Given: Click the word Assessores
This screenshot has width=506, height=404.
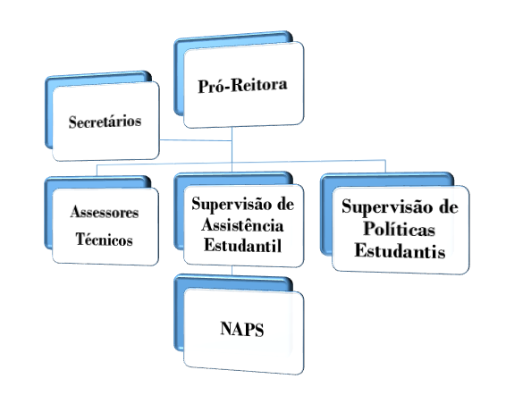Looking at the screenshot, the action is (x=105, y=212).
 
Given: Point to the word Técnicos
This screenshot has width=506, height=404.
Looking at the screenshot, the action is (x=105, y=240).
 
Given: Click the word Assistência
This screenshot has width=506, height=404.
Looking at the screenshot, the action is (x=242, y=225).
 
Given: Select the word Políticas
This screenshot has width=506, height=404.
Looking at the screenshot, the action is (x=400, y=229).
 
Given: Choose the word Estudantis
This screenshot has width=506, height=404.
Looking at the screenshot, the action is (x=400, y=250).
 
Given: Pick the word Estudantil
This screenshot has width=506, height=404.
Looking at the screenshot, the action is (x=242, y=245).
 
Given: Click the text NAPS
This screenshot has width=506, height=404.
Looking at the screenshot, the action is (x=242, y=329).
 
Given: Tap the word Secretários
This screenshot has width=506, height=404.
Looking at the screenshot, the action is (x=105, y=122).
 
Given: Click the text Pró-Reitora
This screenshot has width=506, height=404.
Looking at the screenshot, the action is (x=242, y=86).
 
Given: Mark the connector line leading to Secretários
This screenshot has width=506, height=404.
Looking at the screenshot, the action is (x=196, y=140).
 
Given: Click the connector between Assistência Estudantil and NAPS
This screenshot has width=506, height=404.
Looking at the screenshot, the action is (x=232, y=271).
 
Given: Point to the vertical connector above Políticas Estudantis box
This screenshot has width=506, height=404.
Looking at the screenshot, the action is (x=385, y=166).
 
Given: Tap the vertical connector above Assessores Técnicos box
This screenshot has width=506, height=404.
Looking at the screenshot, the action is (x=97, y=171).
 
